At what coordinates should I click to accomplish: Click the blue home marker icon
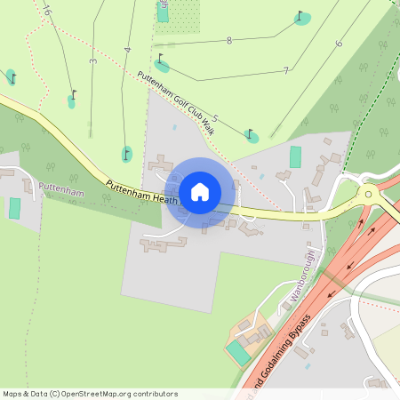click(200, 191)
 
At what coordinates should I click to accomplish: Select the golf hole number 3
click(92, 61)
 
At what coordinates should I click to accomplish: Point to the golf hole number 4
click(128, 50)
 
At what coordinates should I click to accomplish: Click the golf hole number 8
click(229, 41)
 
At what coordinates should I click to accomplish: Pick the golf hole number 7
click(285, 70)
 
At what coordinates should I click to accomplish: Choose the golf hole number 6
click(339, 44)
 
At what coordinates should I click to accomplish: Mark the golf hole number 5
click(215, 118)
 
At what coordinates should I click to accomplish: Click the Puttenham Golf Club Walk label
click(176, 102)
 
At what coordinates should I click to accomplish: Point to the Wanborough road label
click(301, 276)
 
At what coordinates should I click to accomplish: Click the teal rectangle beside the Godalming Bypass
click(238, 351)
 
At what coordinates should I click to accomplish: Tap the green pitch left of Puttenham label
click(14, 209)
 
